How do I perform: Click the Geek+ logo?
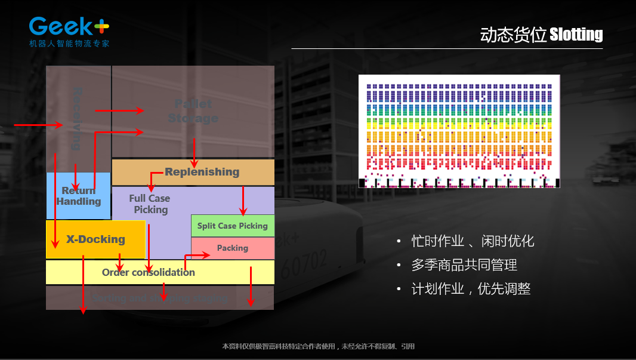click(x=69, y=27)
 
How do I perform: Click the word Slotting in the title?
click(x=576, y=35)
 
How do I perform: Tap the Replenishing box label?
click(x=202, y=172)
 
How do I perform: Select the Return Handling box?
click(x=78, y=196)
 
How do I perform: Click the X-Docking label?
click(x=95, y=239)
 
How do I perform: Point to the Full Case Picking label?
click(x=150, y=204)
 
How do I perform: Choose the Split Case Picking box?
click(x=232, y=226)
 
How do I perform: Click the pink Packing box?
click(x=232, y=248)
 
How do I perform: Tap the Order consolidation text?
click(x=148, y=272)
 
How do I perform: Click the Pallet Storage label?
click(x=193, y=111)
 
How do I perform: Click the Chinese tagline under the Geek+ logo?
click(x=69, y=44)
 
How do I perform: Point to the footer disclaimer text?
click(x=318, y=346)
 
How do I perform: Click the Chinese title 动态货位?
click(x=513, y=35)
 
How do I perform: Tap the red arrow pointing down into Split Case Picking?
click(x=243, y=201)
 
